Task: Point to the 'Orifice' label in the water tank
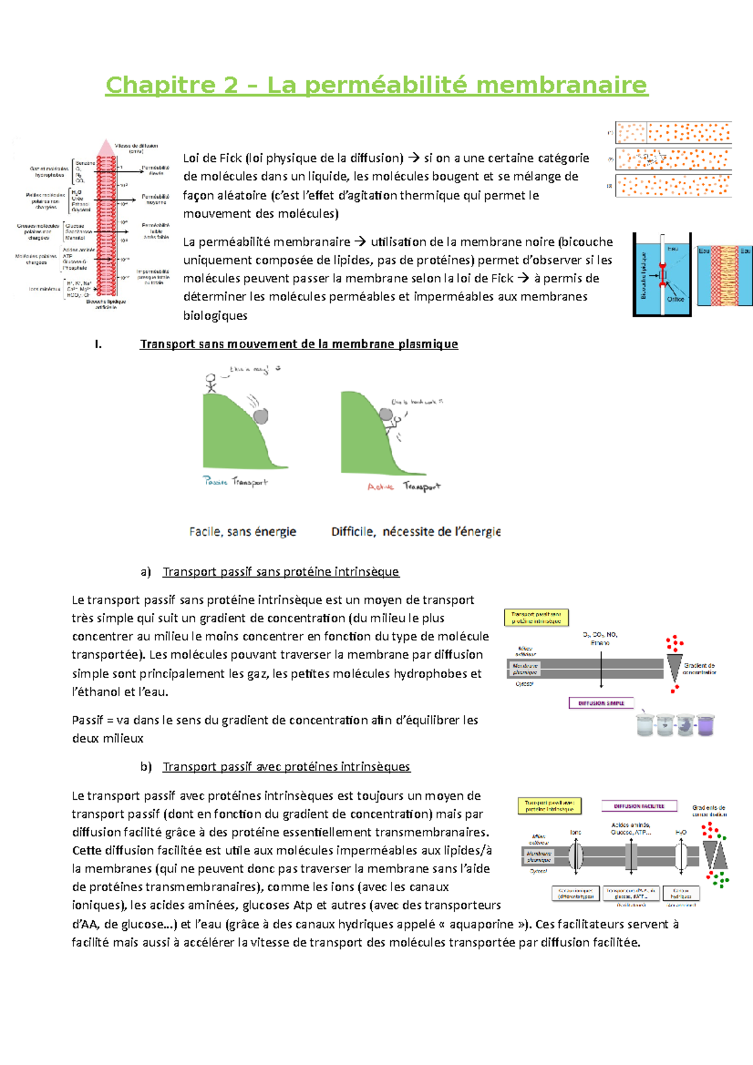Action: pos(675,299)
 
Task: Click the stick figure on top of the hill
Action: pos(211,383)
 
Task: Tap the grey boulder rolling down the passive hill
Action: pos(260,416)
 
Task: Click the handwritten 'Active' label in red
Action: pos(380,487)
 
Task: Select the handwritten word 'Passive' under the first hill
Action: pos(215,481)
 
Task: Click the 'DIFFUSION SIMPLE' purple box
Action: pos(601,703)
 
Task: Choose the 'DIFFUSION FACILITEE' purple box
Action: pos(639,806)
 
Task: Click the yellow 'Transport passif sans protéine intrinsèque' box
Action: pos(536,618)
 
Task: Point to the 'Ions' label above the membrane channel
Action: pos(575,832)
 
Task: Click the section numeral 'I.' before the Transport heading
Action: pos(98,344)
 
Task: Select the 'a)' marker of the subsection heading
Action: pos(146,571)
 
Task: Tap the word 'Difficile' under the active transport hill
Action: pos(353,532)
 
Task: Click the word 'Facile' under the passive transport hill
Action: pos(205,532)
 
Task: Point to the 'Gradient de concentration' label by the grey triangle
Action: pos(699,669)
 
